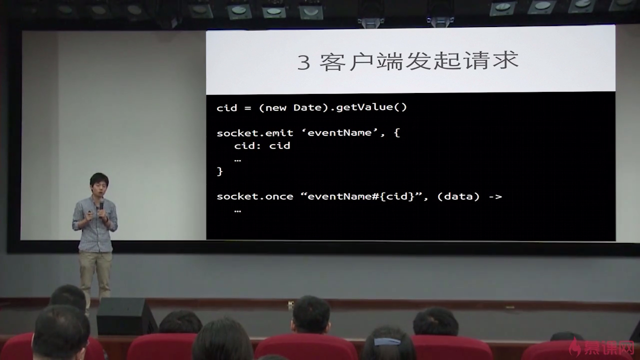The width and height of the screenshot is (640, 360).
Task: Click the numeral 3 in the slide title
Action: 303,62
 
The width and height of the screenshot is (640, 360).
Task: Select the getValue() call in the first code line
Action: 371,107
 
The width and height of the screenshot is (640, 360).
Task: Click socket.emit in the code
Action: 255,133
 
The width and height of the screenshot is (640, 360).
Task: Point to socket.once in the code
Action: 255,196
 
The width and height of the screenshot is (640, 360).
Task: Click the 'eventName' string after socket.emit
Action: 339,132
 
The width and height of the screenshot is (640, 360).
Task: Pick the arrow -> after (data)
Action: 495,196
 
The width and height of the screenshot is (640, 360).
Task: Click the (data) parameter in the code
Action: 458,196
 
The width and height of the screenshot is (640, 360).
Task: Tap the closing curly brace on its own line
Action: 219,171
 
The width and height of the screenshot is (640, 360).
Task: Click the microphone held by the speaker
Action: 101,206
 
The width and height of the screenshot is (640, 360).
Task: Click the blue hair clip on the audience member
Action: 387,341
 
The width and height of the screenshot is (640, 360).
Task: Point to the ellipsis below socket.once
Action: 237,211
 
